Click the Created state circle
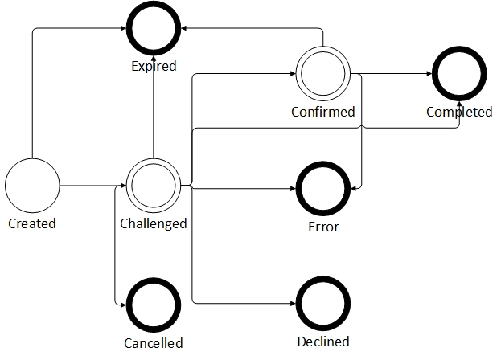point(32,186)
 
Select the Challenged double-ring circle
point(153,186)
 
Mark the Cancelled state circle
point(153,305)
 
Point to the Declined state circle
point(322,304)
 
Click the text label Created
point(32,223)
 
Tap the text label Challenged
point(153,223)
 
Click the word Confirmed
point(322,112)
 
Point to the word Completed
point(458,112)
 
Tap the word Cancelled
point(153,343)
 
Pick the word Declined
point(322,342)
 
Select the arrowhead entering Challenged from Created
point(121,186)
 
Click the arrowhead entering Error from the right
point(354,187)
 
